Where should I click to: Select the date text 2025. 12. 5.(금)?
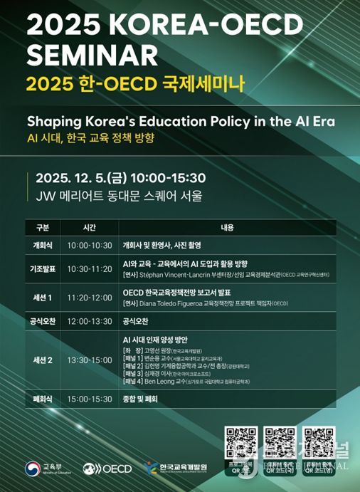click(x=80, y=177)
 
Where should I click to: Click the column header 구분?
click(x=42, y=229)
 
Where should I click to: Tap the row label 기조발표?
click(x=42, y=268)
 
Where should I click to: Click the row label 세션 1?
click(x=42, y=297)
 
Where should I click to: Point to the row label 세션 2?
click(x=42, y=360)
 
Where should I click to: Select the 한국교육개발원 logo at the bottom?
click(x=176, y=468)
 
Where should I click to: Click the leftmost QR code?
click(x=240, y=442)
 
